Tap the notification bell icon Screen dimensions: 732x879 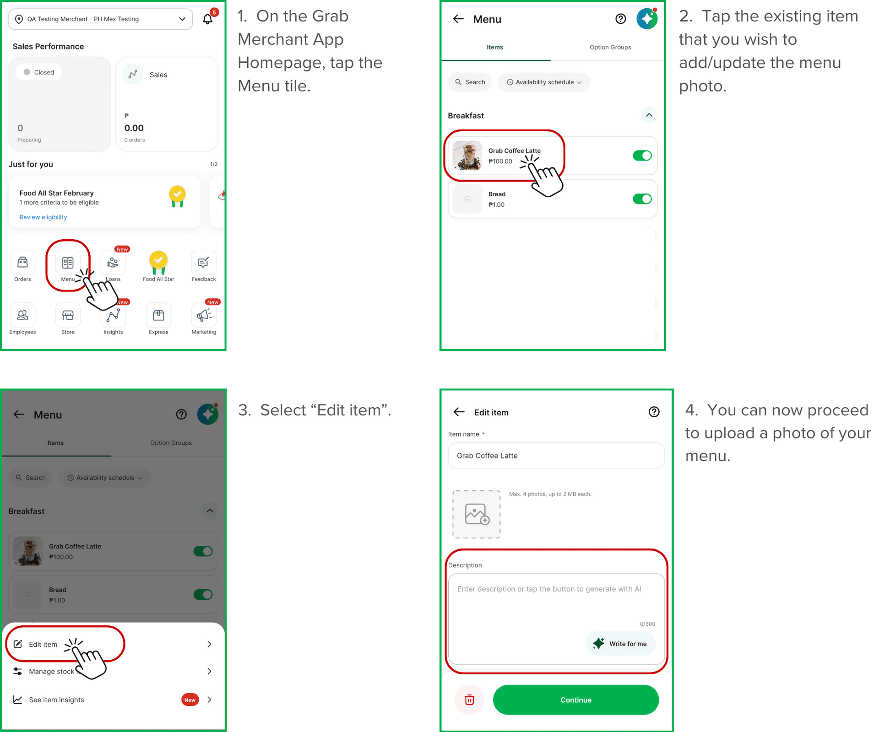click(208, 19)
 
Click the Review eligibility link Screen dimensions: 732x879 click(43, 217)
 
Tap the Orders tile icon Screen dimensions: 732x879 click(22, 263)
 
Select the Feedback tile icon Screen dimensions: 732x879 click(204, 263)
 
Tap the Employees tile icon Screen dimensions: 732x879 click(22, 315)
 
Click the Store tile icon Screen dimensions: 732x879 click(68, 315)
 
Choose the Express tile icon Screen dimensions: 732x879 click(158, 315)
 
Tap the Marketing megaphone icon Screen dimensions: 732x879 click(204, 315)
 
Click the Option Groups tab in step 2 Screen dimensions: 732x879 click(610, 47)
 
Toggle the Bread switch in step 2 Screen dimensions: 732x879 click(642, 199)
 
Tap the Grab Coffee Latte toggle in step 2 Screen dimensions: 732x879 click(642, 156)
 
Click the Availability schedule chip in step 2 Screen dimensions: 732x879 click(544, 82)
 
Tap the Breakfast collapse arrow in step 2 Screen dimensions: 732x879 click(649, 115)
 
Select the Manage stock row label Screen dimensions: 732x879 click(51, 672)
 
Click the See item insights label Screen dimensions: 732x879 click(56, 700)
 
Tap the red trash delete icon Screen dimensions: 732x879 click(470, 700)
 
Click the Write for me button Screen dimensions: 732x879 click(621, 644)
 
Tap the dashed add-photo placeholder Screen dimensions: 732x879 click(477, 514)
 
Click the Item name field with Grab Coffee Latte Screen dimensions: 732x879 click(556, 456)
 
